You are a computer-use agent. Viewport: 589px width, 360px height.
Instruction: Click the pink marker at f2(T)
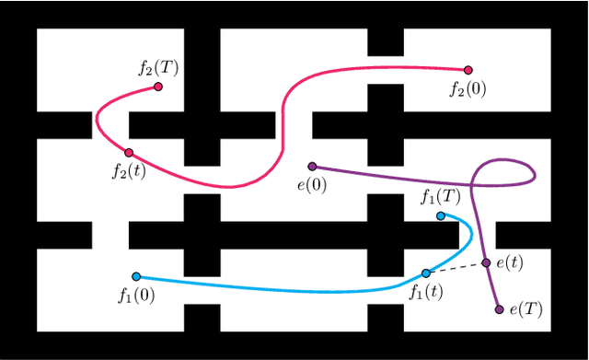[158, 87]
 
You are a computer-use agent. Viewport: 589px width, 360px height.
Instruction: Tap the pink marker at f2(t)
[129, 153]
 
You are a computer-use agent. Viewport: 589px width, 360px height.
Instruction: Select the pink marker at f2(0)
[468, 70]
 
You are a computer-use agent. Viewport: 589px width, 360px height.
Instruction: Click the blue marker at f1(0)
[136, 276]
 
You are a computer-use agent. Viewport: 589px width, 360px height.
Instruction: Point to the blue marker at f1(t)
[425, 273]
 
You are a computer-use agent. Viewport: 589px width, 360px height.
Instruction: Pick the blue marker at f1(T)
[441, 216]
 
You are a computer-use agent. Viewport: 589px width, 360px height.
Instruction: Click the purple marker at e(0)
[313, 167]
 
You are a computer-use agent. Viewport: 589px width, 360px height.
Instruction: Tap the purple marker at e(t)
[486, 263]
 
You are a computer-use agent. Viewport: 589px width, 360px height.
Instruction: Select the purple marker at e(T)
[500, 309]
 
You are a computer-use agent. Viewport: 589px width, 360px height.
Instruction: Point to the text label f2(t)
[128, 171]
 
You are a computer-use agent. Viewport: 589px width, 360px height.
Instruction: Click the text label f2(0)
[468, 89]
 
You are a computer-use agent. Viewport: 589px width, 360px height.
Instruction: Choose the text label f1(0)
[136, 296]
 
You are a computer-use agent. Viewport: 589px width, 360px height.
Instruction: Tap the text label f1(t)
[425, 292]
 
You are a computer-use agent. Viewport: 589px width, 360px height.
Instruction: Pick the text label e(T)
[527, 310]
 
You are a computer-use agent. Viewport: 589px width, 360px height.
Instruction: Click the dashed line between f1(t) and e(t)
[456, 268]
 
